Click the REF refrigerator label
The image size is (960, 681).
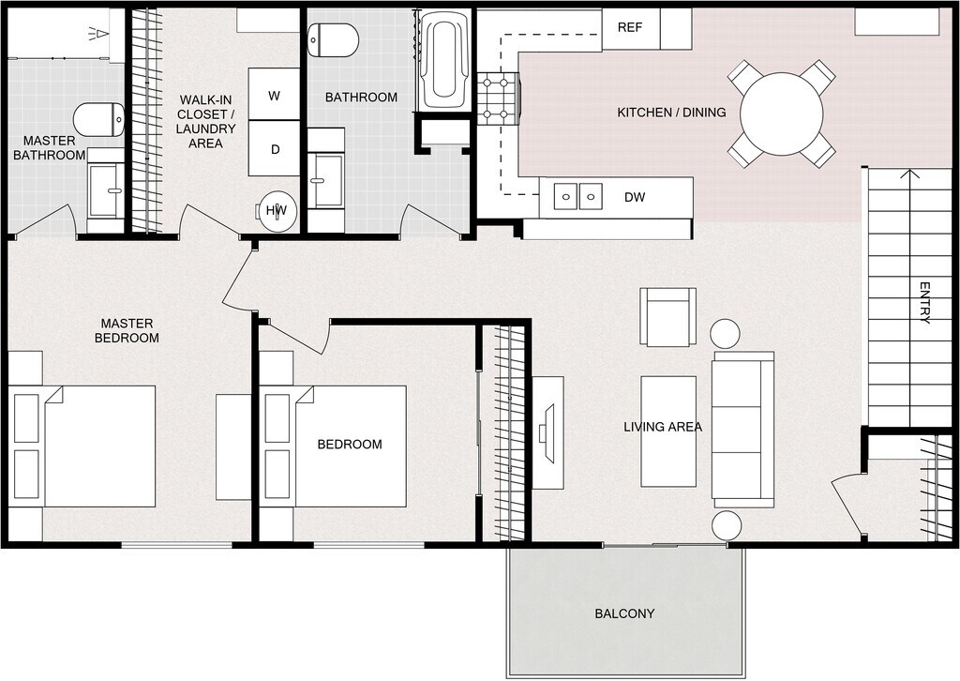pos(629,27)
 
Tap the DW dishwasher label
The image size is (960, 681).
pos(634,198)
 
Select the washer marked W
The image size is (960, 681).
pos(275,95)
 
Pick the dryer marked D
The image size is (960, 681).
pos(275,149)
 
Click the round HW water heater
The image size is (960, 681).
pos(277,211)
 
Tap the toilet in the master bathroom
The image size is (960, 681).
pos(99,120)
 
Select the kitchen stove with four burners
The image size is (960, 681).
pos(499,99)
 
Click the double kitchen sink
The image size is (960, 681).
pos(577,196)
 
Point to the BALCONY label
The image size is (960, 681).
pos(624,614)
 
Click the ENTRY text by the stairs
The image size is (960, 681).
pos(924,302)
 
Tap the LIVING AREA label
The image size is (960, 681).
pos(663,427)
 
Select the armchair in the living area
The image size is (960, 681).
pos(668,316)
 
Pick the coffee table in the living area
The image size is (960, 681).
pos(668,431)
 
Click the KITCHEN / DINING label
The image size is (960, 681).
pos(671,113)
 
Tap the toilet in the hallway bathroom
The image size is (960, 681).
pos(334,40)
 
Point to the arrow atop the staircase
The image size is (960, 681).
pos(907,174)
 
